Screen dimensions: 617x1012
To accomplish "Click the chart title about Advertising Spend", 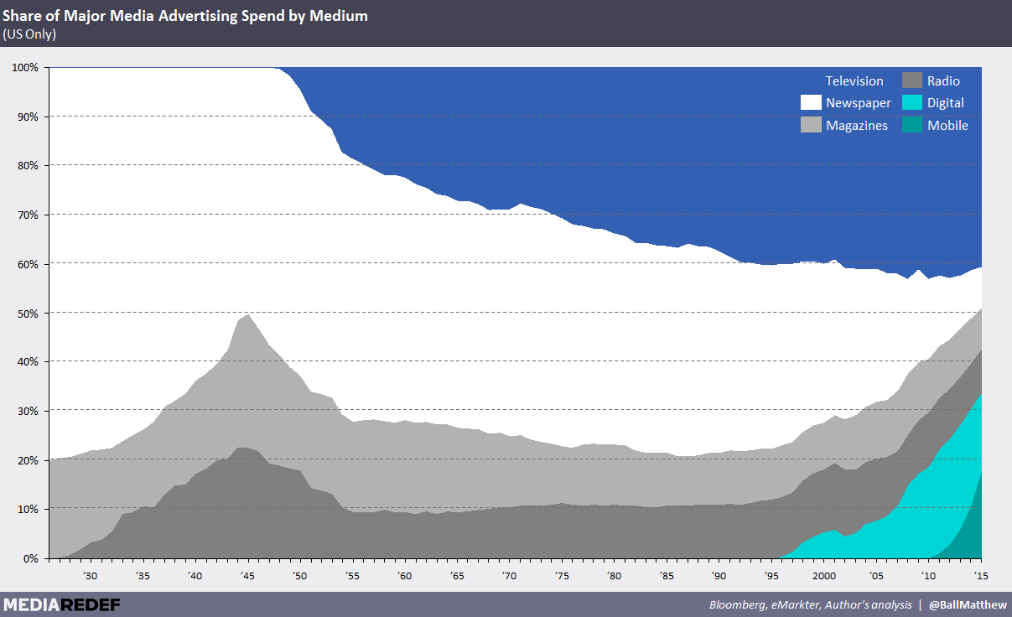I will click(x=185, y=16).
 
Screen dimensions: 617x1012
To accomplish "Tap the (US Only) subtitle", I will click(x=29, y=34).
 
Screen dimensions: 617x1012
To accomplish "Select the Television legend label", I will click(x=854, y=81).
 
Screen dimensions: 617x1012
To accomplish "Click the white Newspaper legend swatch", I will click(x=811, y=103).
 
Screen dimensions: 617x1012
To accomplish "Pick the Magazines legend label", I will click(x=857, y=126).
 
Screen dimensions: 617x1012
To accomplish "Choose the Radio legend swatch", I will click(x=912, y=81).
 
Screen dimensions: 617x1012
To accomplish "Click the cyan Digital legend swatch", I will click(x=912, y=103).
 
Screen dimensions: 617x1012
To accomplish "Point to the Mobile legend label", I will click(x=947, y=126).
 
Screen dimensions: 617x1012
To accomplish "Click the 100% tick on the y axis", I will click(x=24, y=67).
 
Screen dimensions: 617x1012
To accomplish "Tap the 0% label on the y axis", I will click(x=30, y=558).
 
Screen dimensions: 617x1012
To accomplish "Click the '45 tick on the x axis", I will click(x=247, y=576).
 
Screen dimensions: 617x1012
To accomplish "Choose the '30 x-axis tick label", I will click(x=91, y=576).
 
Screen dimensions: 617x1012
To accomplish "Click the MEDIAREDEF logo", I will click(x=61, y=604).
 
